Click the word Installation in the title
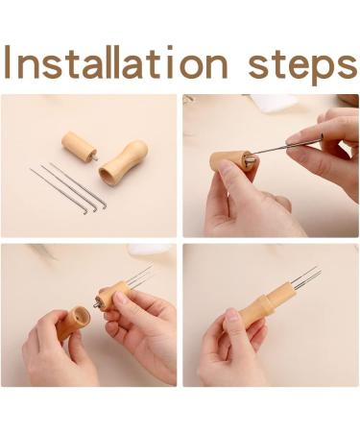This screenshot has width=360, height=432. point(115,62)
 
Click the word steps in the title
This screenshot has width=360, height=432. point(302,66)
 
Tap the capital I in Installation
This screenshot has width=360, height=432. point(8,61)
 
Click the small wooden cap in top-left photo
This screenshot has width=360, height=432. point(79,147)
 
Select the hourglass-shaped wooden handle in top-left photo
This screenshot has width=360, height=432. point(123,162)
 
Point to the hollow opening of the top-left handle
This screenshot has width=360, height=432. point(107,177)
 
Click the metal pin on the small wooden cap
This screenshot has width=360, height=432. point(95,158)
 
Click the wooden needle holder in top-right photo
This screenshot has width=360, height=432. point(229,162)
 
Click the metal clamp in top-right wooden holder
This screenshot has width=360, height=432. point(249,158)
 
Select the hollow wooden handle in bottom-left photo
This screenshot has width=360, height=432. point(73,323)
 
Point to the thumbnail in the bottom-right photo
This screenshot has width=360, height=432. point(231,315)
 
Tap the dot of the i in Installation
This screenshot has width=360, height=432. point(170,48)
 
